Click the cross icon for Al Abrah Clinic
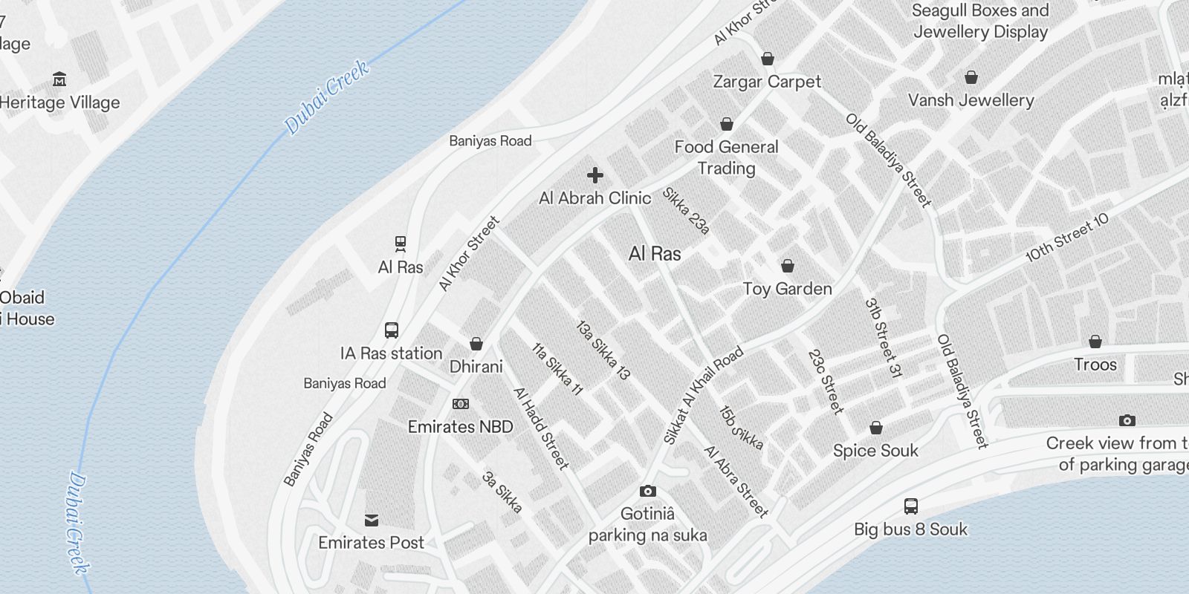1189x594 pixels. click(x=594, y=175)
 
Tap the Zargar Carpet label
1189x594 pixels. click(x=767, y=82)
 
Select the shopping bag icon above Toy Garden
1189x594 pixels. click(x=788, y=266)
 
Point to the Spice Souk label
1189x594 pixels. click(x=875, y=451)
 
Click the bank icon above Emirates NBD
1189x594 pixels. click(x=461, y=404)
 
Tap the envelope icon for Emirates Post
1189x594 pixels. click(x=372, y=520)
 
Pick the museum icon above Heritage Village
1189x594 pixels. click(x=59, y=79)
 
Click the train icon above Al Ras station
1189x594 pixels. click(x=401, y=244)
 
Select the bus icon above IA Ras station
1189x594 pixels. click(x=392, y=330)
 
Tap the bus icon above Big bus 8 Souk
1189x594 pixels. click(x=911, y=506)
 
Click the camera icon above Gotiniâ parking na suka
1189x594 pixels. click(x=648, y=491)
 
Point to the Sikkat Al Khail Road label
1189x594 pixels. click(x=702, y=396)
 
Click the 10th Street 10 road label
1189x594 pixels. click(x=1067, y=238)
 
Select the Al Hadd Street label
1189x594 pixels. click(x=541, y=428)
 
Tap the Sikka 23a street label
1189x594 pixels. click(x=686, y=210)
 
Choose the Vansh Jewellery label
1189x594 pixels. click(x=971, y=100)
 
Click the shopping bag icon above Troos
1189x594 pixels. click(x=1095, y=342)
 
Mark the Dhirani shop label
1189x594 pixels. click(x=476, y=366)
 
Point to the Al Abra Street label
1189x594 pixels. click(x=736, y=481)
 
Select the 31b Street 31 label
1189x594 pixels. click(x=883, y=338)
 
